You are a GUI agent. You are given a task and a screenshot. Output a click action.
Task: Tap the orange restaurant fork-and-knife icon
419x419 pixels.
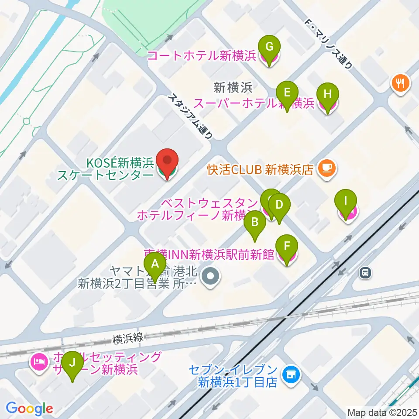tap(401, 83)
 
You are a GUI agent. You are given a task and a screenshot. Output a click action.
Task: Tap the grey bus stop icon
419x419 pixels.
tap(365, 273)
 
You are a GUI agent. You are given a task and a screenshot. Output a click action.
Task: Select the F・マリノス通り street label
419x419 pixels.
tap(328, 44)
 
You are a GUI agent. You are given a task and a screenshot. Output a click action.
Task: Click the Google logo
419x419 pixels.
tap(29, 409)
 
